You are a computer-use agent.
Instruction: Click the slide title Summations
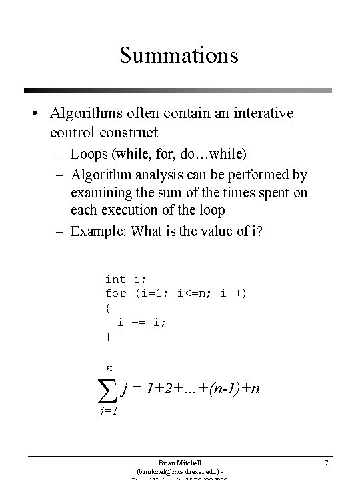179,55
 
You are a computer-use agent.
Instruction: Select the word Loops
90,155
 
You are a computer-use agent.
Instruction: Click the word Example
99,232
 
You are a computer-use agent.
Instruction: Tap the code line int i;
125,279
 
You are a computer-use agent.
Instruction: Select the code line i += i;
141,322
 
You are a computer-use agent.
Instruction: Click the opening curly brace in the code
107,307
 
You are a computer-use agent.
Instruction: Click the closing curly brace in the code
107,337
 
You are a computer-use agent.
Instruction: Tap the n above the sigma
109,368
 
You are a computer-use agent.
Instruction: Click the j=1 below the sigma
108,412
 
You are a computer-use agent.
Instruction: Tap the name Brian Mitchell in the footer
179,461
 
